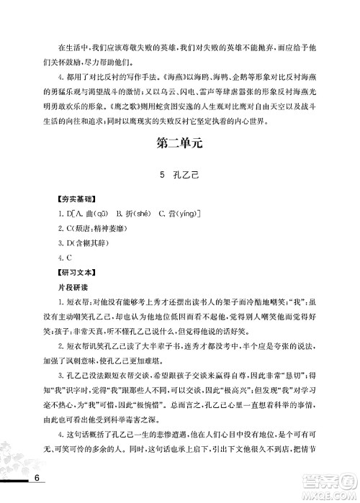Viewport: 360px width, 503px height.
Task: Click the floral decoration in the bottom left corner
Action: (22, 461)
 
